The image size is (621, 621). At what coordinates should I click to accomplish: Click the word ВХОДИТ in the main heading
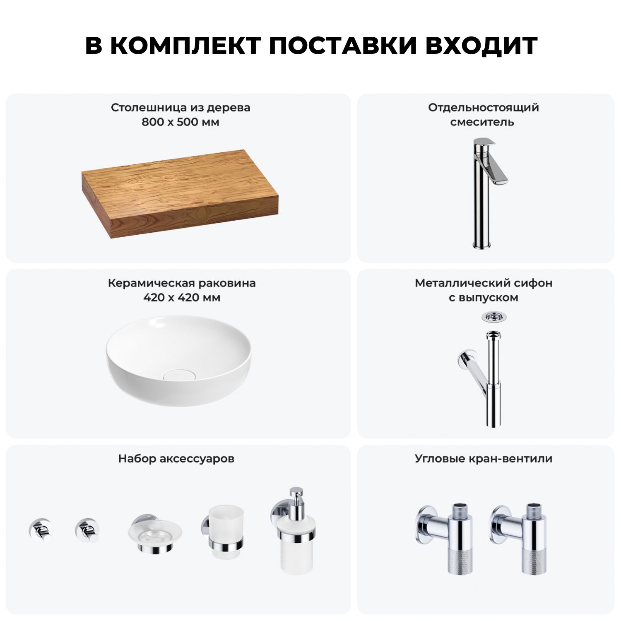coord(481,46)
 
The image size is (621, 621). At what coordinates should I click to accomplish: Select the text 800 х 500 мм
coord(180,122)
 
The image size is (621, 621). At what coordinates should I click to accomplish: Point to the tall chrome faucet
coord(486,193)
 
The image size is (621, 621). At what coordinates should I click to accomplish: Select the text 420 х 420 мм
coord(182,298)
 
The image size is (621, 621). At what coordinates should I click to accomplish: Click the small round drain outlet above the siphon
coord(494,317)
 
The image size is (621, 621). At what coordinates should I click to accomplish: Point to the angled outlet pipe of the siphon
coord(474,367)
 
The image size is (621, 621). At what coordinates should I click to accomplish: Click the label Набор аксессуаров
coord(176,459)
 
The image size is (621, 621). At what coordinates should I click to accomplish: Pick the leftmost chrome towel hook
coord(41,530)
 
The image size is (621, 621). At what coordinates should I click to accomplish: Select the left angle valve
coord(443,538)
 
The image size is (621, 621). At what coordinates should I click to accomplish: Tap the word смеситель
coord(482,122)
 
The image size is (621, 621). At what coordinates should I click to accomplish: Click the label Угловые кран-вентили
coord(484,459)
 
